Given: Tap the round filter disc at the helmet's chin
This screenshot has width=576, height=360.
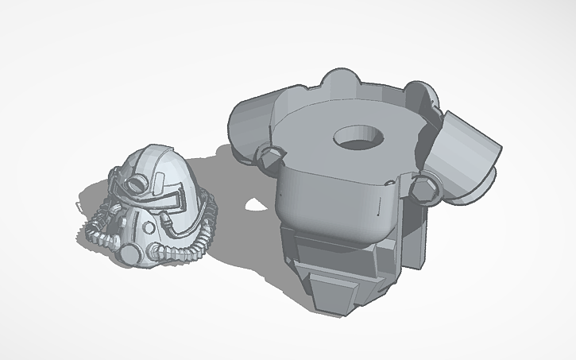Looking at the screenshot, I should coord(129,253).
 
